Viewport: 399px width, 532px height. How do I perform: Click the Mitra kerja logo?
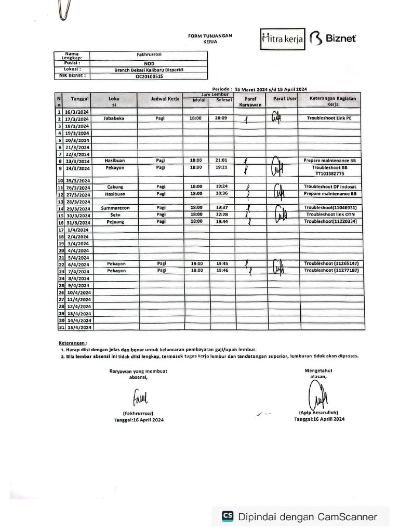283,39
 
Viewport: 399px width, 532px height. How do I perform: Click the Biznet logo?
334,38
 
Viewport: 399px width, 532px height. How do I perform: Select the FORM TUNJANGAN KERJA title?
210,38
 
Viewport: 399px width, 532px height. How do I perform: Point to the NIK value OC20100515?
149,76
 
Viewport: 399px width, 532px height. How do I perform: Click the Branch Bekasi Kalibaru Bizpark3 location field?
149,69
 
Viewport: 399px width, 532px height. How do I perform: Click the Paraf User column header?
285,98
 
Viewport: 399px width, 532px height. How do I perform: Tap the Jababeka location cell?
114,118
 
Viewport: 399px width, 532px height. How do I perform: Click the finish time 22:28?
221,215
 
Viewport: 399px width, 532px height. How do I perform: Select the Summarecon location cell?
114,208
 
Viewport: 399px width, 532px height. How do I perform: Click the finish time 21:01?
221,161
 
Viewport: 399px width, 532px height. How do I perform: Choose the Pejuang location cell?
114,221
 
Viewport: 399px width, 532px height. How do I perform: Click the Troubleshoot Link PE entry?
329,118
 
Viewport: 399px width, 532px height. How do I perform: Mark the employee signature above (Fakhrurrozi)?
140,398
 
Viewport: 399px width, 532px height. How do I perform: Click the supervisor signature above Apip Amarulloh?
317,396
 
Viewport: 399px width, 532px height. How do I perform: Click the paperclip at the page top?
65,9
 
